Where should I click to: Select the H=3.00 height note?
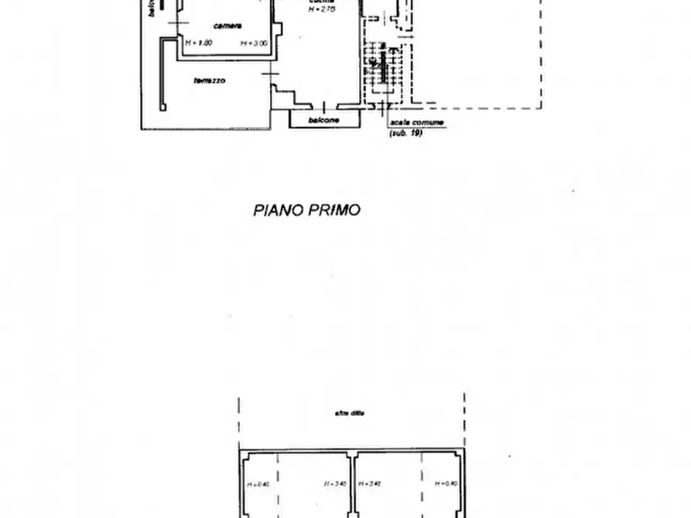(x=254, y=43)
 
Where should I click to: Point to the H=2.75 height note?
(x=320, y=9)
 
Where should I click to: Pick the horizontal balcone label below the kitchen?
(x=323, y=121)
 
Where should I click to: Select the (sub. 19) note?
(x=405, y=133)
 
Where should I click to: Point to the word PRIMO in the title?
(x=334, y=210)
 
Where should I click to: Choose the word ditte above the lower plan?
(x=358, y=413)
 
